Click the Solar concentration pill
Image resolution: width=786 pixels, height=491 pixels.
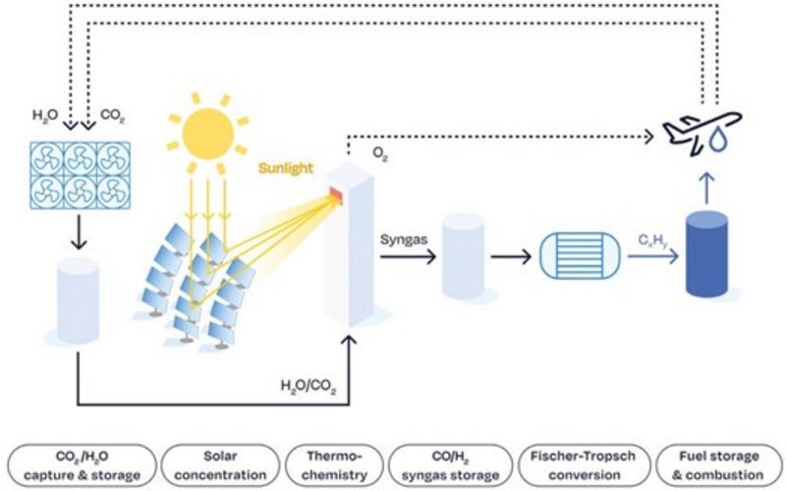click(218, 466)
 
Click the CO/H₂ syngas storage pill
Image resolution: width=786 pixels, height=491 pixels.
click(451, 466)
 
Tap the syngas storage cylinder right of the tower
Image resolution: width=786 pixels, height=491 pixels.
click(462, 257)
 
